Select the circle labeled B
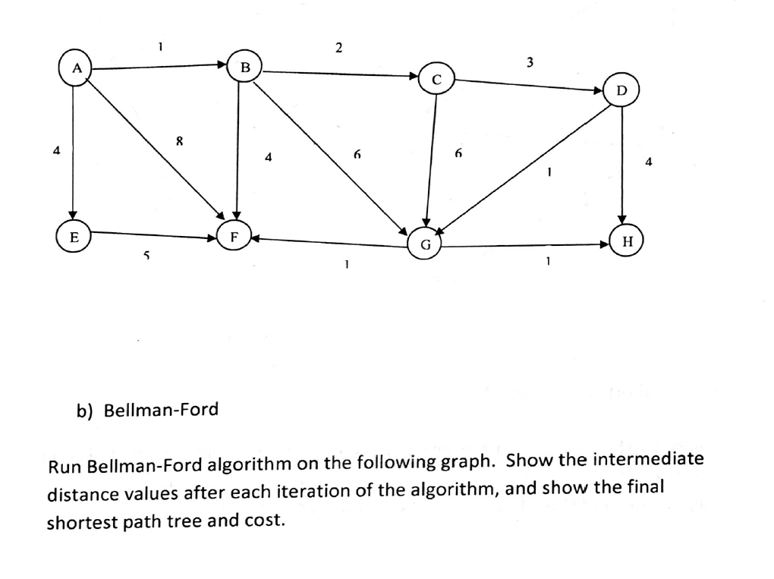point(244,67)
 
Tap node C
point(436,79)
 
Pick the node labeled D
point(621,90)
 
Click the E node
point(74,237)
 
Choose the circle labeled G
point(425,244)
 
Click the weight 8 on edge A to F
point(180,142)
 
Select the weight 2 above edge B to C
point(338,47)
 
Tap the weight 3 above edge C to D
point(530,62)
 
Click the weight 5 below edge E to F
point(146,256)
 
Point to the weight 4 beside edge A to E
point(57,149)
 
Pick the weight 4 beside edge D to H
point(649,162)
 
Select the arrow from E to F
point(154,235)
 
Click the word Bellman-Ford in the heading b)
point(161,410)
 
